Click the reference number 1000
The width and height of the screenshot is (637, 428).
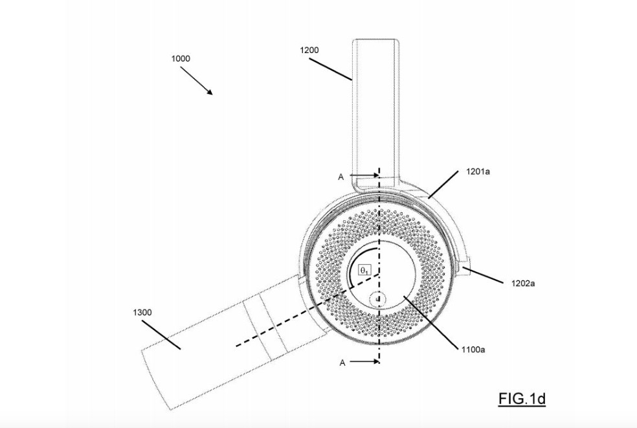click(x=181, y=58)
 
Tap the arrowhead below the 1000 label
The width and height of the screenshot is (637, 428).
click(x=210, y=92)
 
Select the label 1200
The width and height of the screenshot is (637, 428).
click(x=309, y=51)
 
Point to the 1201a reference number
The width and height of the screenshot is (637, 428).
click(x=478, y=172)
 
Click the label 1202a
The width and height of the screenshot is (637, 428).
click(x=523, y=284)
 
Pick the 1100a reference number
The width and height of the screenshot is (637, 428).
click(x=473, y=349)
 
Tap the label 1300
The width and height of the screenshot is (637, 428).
click(x=142, y=312)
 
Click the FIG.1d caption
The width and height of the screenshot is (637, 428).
click(x=522, y=399)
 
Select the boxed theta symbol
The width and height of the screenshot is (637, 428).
click(x=364, y=270)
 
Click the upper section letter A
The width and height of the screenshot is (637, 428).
click(x=341, y=177)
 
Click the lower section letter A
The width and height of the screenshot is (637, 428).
click(x=342, y=363)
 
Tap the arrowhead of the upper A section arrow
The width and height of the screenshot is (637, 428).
click(x=375, y=175)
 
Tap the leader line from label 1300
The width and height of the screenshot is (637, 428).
click(x=161, y=335)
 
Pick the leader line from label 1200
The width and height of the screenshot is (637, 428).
click(x=330, y=69)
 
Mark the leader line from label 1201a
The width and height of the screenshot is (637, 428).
click(x=446, y=185)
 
